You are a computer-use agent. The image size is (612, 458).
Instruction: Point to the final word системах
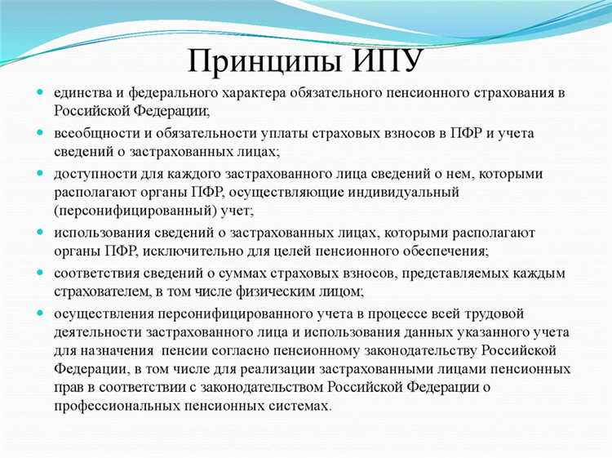[302, 405]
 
